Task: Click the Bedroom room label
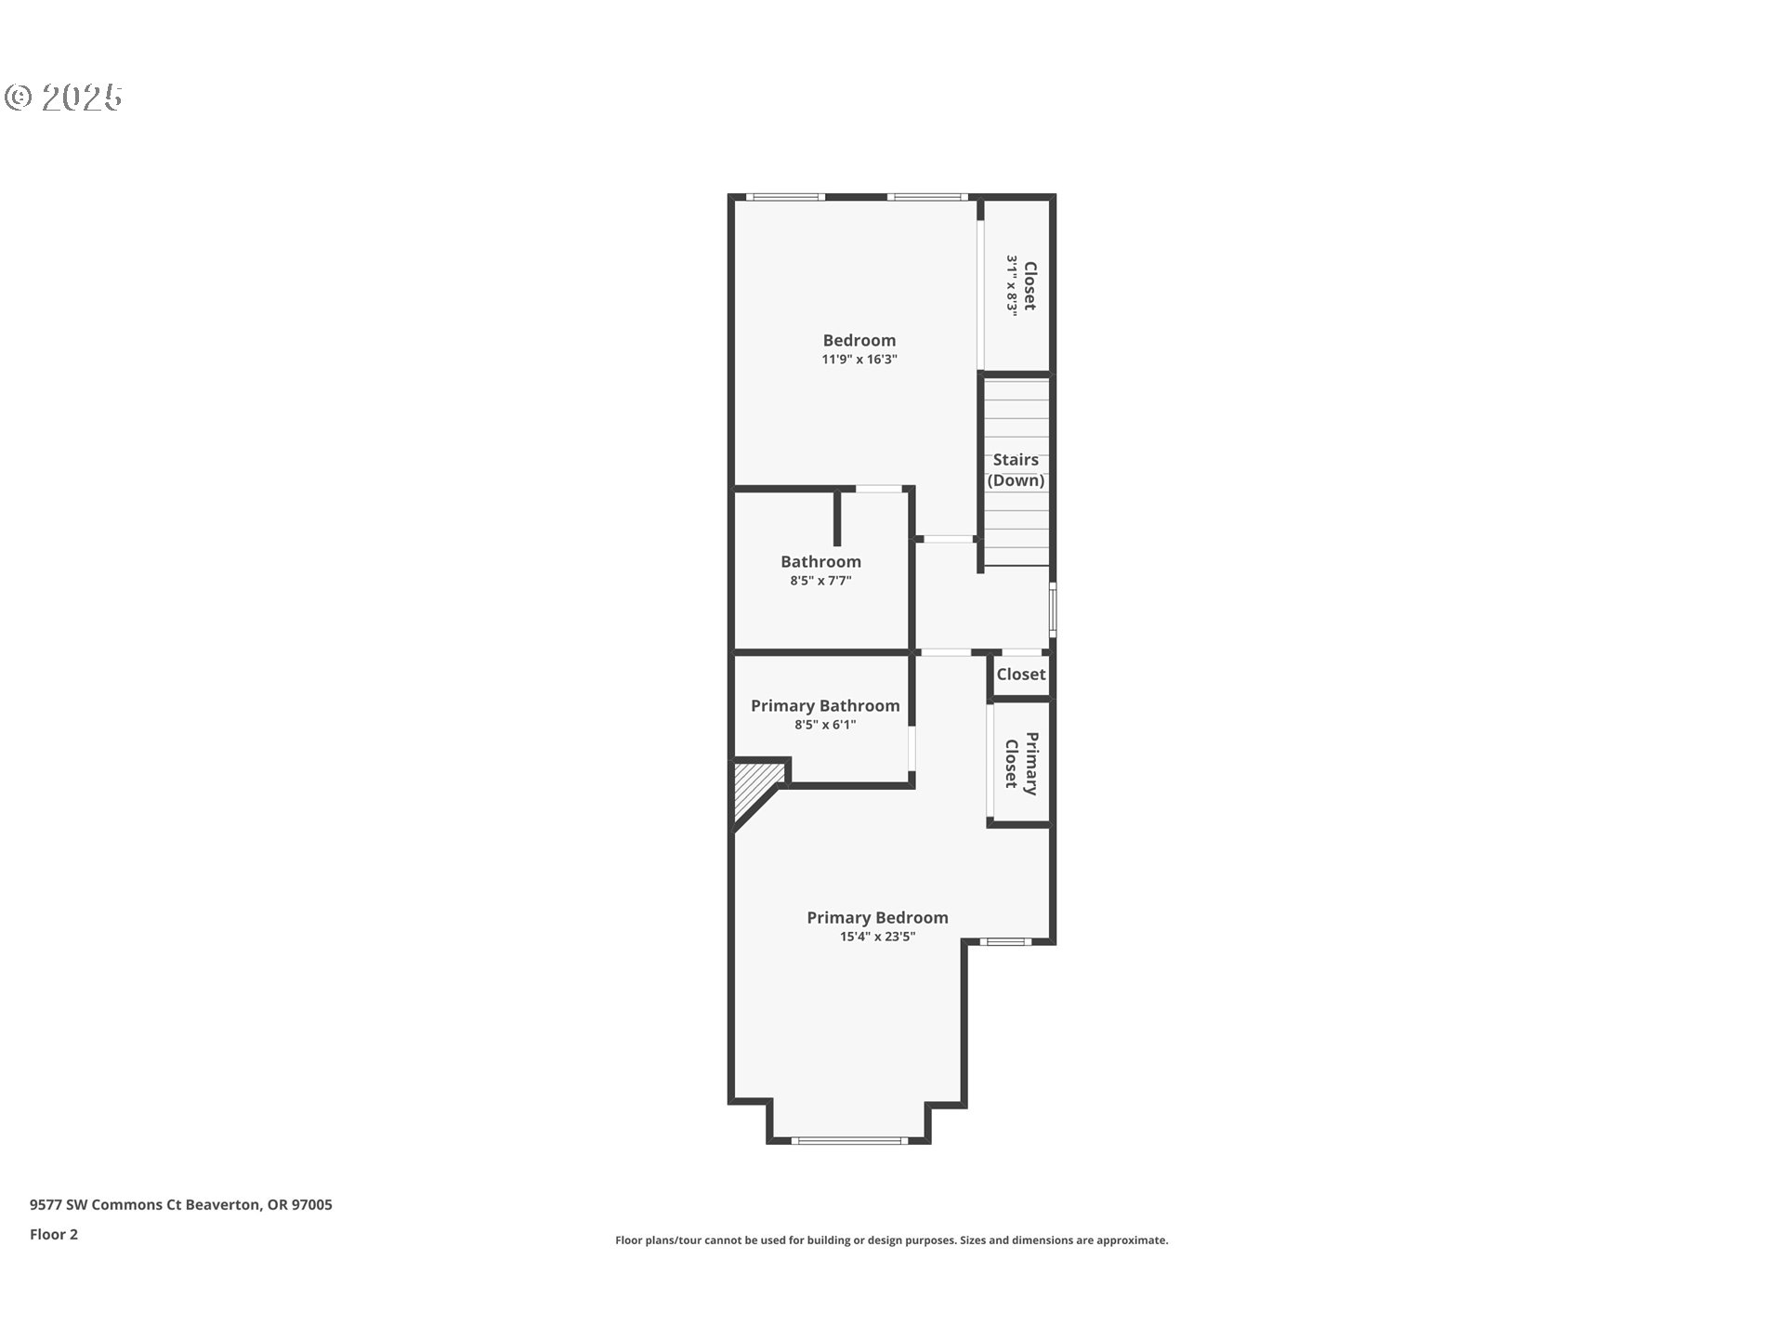point(859,340)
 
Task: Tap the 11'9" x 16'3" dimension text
point(859,360)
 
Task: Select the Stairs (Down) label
point(1015,469)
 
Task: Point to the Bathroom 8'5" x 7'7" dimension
point(820,581)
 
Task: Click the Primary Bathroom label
point(824,705)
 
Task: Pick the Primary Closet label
point(1021,764)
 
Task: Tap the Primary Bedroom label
point(877,917)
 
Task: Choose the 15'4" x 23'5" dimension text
point(877,937)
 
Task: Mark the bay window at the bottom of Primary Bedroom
point(849,1140)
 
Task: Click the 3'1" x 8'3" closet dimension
point(1012,286)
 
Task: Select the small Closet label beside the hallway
point(1020,675)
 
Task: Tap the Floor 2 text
point(54,1234)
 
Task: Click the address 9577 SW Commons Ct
point(180,1204)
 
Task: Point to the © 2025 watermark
point(63,97)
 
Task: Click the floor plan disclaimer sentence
point(891,1240)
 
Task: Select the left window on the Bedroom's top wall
point(785,197)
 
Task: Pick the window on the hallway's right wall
point(1053,609)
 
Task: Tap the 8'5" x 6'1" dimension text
point(824,725)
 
